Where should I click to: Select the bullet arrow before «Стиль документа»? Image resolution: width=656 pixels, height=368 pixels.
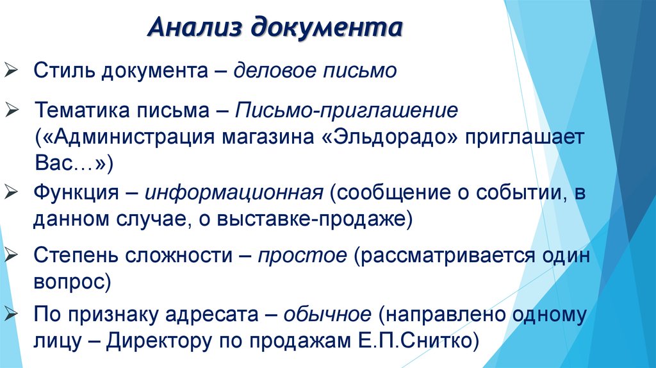coord(12,69)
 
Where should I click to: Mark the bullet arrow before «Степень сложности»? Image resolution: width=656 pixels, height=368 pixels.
coord(12,255)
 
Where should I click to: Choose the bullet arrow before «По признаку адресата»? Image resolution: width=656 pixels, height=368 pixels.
coord(12,314)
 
